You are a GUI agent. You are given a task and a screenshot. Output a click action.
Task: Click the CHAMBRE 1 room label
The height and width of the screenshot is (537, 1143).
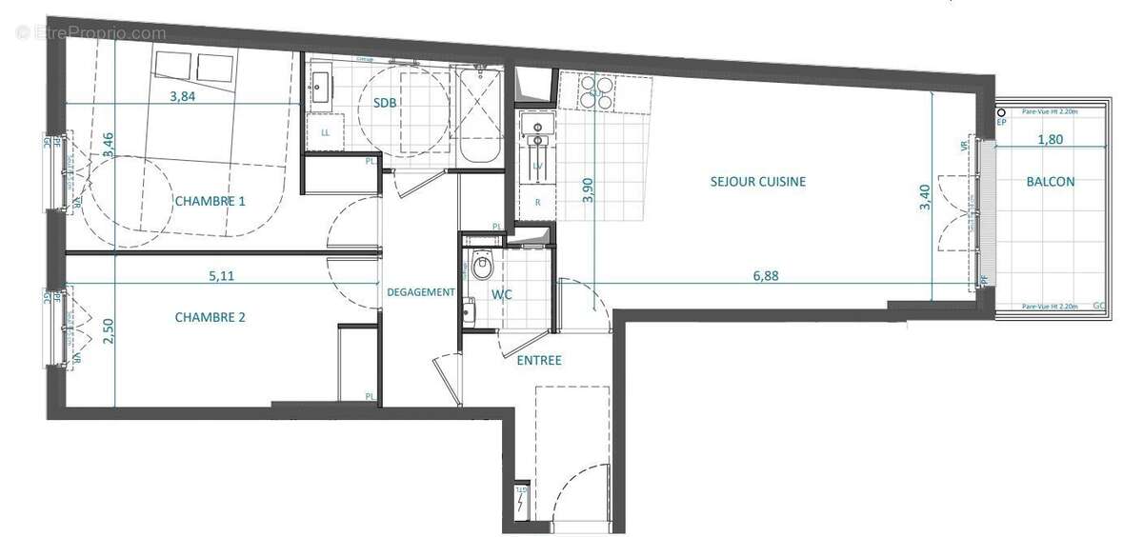(x=210, y=201)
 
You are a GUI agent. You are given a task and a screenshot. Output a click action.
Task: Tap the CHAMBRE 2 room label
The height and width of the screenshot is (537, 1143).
(x=210, y=317)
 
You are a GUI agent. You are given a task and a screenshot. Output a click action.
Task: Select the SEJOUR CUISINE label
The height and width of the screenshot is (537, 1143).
(x=758, y=181)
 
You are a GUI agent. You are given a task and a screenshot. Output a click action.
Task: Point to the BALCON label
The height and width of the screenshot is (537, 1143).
(x=1051, y=182)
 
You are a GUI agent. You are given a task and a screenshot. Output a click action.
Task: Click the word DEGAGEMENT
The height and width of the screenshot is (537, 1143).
(x=420, y=292)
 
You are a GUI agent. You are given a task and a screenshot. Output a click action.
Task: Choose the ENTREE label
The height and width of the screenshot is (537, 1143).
(x=539, y=360)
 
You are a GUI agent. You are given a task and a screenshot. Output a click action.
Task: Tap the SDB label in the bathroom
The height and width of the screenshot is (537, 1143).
(x=385, y=103)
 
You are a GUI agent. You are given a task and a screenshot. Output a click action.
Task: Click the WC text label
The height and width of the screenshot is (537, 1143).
(x=501, y=295)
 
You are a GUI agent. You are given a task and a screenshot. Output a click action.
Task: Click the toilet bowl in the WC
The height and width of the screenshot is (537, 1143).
(x=481, y=266)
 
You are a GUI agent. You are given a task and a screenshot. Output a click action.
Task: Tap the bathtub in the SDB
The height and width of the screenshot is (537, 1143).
(x=479, y=116)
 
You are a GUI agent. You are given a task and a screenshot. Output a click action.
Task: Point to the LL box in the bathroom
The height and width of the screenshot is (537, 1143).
(x=325, y=132)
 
